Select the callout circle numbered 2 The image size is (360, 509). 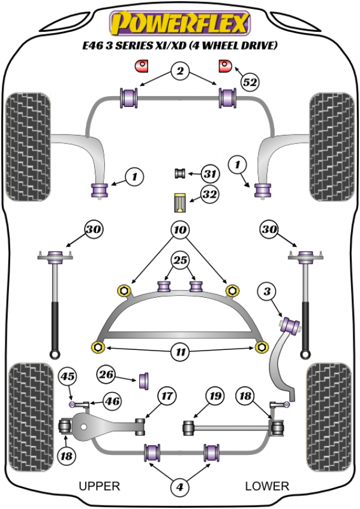[x=179, y=73]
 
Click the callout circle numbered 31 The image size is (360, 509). [x=209, y=175]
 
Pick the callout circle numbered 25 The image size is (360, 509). [x=179, y=260]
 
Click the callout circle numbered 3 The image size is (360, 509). [x=266, y=293]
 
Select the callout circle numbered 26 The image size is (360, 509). [x=106, y=376]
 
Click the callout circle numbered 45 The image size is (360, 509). [x=67, y=377]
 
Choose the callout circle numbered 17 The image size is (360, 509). [x=166, y=396]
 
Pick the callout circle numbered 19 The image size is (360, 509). [x=214, y=396]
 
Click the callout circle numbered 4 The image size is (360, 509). [x=179, y=488]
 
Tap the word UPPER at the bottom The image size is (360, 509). [x=100, y=486]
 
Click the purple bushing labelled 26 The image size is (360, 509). [x=144, y=381]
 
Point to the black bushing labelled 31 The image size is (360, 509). [x=179, y=174]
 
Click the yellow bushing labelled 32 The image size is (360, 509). [x=179, y=202]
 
